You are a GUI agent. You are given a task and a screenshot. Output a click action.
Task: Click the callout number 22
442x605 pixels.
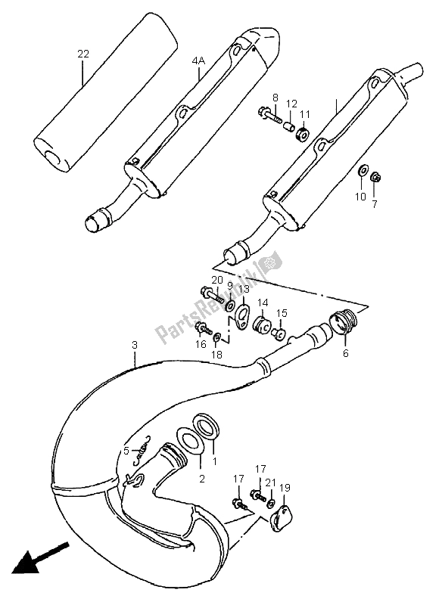pyautogui.click(x=83, y=54)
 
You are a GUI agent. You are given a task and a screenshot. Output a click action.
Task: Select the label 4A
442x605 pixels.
pyautogui.click(x=198, y=60)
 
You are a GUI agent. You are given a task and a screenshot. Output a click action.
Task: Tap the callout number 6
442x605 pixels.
pyautogui.click(x=345, y=352)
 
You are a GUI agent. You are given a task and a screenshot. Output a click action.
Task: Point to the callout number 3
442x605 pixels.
pyautogui.click(x=134, y=345)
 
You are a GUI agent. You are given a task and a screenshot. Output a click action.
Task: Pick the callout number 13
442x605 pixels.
pyautogui.click(x=244, y=290)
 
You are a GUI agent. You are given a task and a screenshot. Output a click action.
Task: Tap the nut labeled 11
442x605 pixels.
pyautogui.click(x=303, y=134)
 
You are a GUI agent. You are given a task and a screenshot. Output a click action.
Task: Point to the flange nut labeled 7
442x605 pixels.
pyautogui.click(x=375, y=178)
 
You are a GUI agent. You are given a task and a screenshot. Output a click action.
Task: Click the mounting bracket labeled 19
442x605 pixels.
pyautogui.click(x=282, y=519)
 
